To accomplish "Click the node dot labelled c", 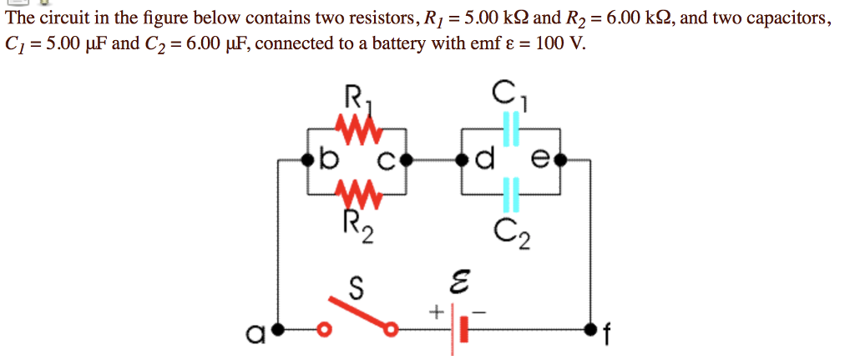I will tap(407, 159).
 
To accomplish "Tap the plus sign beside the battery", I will tap(435, 312).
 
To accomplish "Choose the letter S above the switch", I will tap(356, 288).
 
